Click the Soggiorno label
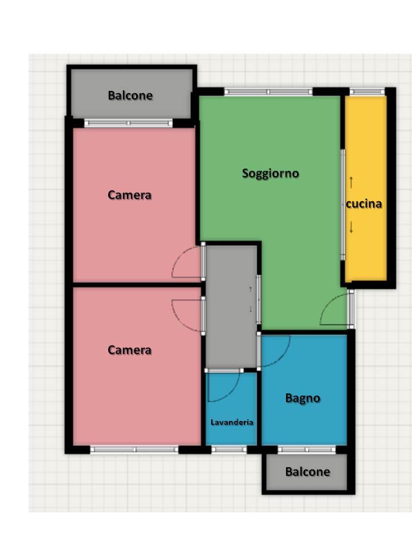pyautogui.click(x=271, y=173)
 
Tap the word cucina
pyautogui.click(x=364, y=204)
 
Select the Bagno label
pyautogui.click(x=303, y=398)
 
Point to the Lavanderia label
pyautogui.click(x=232, y=422)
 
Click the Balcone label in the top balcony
pyautogui.click(x=130, y=96)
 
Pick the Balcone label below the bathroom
pyautogui.click(x=308, y=472)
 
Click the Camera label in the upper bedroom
pyautogui.click(x=130, y=195)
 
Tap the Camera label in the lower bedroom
pyautogui.click(x=130, y=350)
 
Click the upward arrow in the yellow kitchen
pyautogui.click(x=351, y=182)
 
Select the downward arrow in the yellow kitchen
pyautogui.click(x=351, y=228)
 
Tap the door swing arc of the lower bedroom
pyautogui.click(x=179, y=320)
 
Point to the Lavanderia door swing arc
pyautogui.click(x=232, y=393)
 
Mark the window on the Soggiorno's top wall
pyautogui.click(x=268, y=91)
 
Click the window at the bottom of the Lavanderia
pyautogui.click(x=229, y=449)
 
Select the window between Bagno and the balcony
pyautogui.click(x=307, y=449)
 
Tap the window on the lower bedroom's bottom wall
pyautogui.click(x=134, y=449)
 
